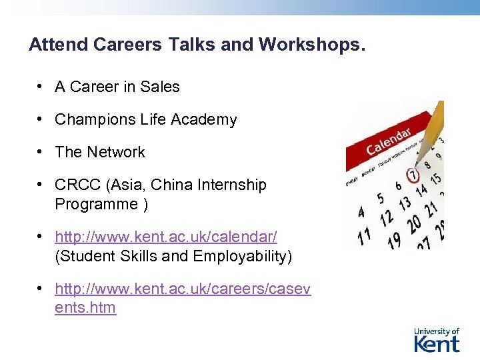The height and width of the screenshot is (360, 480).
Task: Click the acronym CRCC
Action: pos(77,185)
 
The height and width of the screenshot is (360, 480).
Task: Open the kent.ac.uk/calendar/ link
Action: pos(166,237)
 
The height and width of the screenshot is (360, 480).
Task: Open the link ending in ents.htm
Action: pos(85,308)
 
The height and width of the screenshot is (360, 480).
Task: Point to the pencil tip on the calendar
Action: pos(418,162)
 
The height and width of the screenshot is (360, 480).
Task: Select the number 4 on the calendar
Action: pos(362,213)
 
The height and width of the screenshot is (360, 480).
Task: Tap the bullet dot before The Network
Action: pos(41,152)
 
